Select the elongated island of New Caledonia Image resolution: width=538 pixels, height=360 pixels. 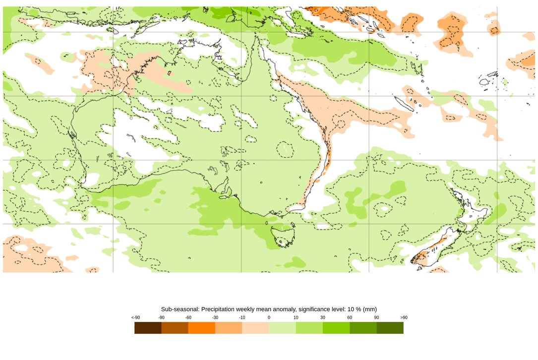[405, 104]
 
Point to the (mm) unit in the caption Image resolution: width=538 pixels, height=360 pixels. [370, 309]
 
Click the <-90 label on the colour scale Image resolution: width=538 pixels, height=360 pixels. [135, 317]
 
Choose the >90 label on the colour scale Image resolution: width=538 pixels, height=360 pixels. [404, 317]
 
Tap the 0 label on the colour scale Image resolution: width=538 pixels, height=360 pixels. [269, 317]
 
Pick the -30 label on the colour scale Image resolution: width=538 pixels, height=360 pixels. [215, 317]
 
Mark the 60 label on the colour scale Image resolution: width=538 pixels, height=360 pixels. [350, 317]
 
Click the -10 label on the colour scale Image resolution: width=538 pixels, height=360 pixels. [242, 317]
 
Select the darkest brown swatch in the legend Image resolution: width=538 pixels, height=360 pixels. [148, 328]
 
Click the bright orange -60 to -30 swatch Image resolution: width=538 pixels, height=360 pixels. [202, 328]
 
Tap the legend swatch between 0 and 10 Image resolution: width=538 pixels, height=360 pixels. [283, 328]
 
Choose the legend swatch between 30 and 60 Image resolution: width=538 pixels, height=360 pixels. [336, 328]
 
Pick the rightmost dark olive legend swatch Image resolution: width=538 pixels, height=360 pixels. [390, 328]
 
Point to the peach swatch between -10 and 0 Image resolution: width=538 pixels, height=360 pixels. [255, 328]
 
